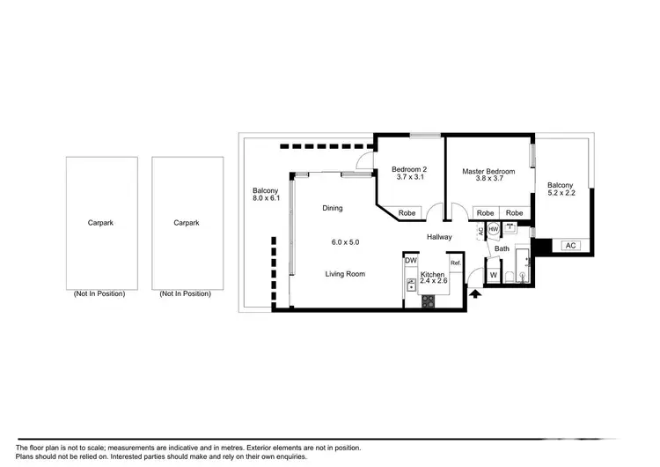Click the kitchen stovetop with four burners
coord(429,300)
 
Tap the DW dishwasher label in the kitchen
coord(410,261)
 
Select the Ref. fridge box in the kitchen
coord(455,263)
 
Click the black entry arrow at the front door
coord(476,295)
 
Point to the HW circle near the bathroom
coord(494,230)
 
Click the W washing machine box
coord(493,275)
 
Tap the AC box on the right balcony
coord(569,246)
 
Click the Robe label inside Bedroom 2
coord(407,213)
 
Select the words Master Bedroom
coord(488,171)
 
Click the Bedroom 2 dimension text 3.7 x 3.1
coord(410,178)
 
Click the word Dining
coord(332,208)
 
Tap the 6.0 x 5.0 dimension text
coord(345,241)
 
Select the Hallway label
coord(440,237)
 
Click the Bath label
coord(502,249)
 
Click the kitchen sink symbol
coord(410,285)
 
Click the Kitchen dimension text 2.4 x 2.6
coord(433,285)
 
